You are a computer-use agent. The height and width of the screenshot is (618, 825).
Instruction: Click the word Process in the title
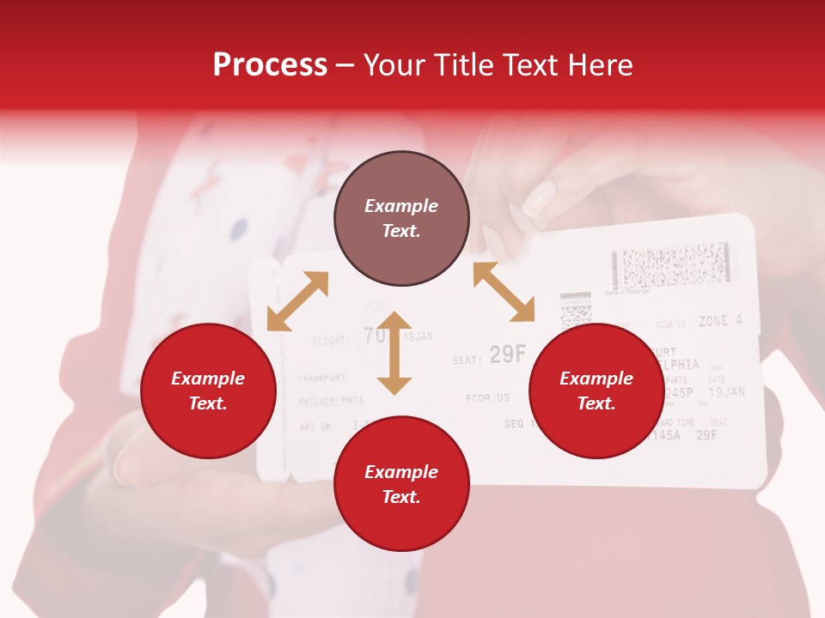click(x=270, y=65)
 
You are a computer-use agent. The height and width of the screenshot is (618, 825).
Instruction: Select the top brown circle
click(x=401, y=219)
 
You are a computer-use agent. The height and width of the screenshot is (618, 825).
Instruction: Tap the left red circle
click(x=208, y=391)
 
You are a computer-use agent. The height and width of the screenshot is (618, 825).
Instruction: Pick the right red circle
click(x=596, y=391)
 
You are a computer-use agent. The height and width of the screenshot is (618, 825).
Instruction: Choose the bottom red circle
click(x=401, y=484)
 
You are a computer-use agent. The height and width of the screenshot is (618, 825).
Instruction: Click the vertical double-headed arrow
click(x=394, y=353)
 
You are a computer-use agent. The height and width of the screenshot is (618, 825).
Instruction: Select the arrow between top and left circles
click(x=297, y=301)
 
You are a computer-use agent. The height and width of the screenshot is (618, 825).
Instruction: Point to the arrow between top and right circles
click(x=504, y=292)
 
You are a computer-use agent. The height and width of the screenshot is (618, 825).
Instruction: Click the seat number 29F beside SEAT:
click(x=507, y=354)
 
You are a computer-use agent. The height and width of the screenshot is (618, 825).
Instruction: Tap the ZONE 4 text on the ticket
click(x=719, y=321)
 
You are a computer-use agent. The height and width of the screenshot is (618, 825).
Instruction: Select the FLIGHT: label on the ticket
click(x=331, y=341)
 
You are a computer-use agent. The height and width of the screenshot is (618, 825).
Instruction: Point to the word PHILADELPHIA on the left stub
click(x=331, y=401)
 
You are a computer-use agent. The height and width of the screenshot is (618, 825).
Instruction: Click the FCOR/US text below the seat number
click(x=487, y=397)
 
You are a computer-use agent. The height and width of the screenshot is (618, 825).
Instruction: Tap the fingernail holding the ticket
click(x=539, y=199)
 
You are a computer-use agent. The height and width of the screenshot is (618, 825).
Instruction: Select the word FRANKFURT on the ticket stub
click(x=321, y=377)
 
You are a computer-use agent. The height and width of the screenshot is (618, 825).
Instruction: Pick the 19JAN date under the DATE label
click(x=726, y=392)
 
